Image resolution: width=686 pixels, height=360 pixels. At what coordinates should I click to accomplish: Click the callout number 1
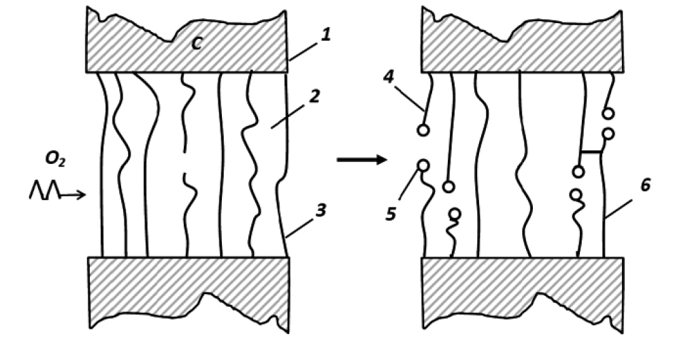tap(325, 35)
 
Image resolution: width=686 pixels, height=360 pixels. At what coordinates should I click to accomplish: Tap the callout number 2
tap(315, 96)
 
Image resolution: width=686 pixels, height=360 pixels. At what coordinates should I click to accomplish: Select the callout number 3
tap(321, 210)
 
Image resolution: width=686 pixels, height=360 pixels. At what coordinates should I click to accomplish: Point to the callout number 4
tap(389, 77)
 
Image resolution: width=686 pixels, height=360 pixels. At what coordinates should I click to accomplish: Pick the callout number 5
tap(391, 214)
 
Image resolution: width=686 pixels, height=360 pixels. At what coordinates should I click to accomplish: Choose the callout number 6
tap(645, 185)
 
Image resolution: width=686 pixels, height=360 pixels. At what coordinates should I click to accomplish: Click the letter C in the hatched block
tap(197, 44)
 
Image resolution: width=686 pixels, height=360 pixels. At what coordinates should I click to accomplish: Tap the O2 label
tap(55, 159)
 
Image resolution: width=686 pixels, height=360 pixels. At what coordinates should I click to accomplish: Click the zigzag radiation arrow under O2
tap(57, 191)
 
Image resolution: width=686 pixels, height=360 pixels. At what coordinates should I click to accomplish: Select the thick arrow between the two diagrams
tap(362, 160)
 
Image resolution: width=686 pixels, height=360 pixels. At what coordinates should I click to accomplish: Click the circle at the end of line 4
tap(423, 130)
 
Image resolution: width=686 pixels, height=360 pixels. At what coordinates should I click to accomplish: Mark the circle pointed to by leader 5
tap(423, 165)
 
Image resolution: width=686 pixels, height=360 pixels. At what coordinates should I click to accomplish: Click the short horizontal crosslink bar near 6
tap(591, 152)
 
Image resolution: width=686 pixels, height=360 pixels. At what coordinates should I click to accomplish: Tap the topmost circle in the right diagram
tap(608, 114)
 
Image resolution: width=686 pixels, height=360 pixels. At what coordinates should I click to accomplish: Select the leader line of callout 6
tap(619, 209)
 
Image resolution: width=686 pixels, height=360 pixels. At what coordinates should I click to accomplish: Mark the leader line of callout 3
tap(301, 227)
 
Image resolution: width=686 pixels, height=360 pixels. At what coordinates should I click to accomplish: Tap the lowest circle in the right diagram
tap(455, 214)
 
